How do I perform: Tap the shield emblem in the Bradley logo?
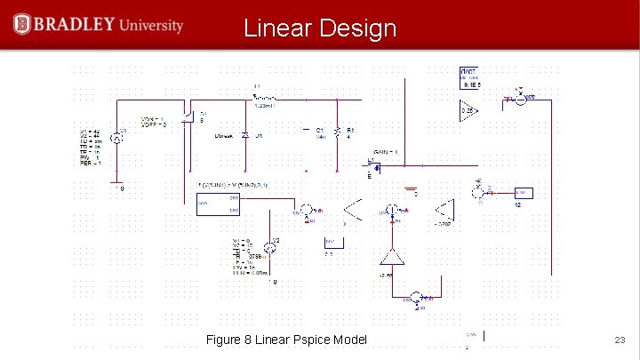pos(22,24)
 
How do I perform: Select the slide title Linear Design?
pos(320,28)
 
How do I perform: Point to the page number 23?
pos(620,340)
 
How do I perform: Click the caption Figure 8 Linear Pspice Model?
pos(286,340)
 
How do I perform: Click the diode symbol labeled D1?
pos(245,134)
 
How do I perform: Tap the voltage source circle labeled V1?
pos(116,139)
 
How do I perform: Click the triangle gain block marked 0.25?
pos(468,110)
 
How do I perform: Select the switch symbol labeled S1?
pos(189,119)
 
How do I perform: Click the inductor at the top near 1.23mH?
pos(266,98)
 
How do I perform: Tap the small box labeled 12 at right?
pos(523,193)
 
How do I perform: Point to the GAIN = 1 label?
pos(384,152)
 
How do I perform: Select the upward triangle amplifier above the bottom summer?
pos(390,257)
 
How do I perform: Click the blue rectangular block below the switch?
pos(218,204)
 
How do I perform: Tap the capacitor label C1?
pos(319,130)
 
